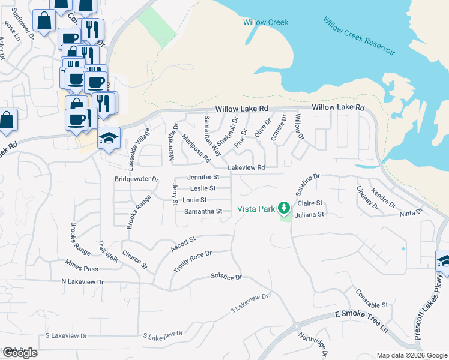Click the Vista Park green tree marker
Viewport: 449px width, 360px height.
pos(283,209)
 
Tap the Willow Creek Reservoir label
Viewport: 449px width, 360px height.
pos(359,36)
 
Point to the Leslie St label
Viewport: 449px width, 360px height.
pos(203,188)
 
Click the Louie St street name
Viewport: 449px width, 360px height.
pos(194,200)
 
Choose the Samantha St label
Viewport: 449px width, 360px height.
pos(203,211)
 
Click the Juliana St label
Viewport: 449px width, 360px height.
pos(310,214)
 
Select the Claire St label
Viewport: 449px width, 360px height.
pos(310,203)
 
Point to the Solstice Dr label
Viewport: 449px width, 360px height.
pos(226,277)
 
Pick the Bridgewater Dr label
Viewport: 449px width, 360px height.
pos(136,179)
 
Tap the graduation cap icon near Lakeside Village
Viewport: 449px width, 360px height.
pos(109,139)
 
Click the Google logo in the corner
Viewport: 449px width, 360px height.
pos(19,353)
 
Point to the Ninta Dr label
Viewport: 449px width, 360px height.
pos(411,212)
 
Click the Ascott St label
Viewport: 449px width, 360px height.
pos(183,243)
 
